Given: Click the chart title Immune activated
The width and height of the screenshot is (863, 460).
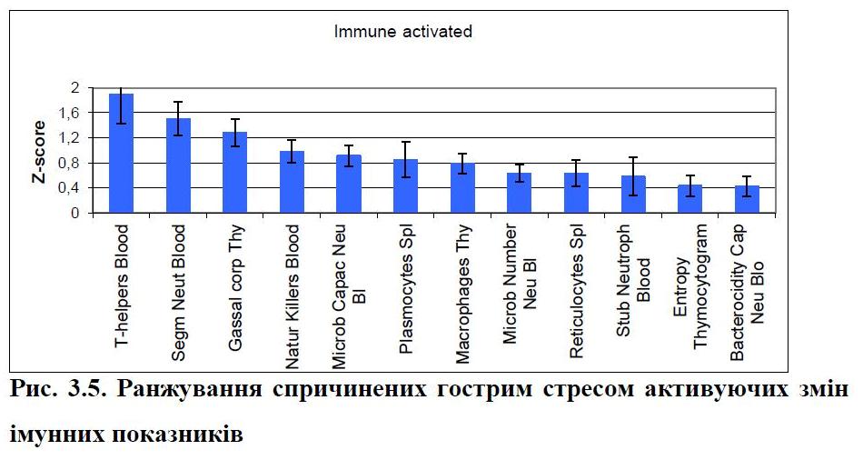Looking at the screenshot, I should coord(403,32).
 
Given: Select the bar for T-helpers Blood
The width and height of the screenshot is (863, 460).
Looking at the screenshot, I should coord(121,154).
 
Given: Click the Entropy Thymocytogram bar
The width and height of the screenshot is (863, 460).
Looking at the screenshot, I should coord(689,199).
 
